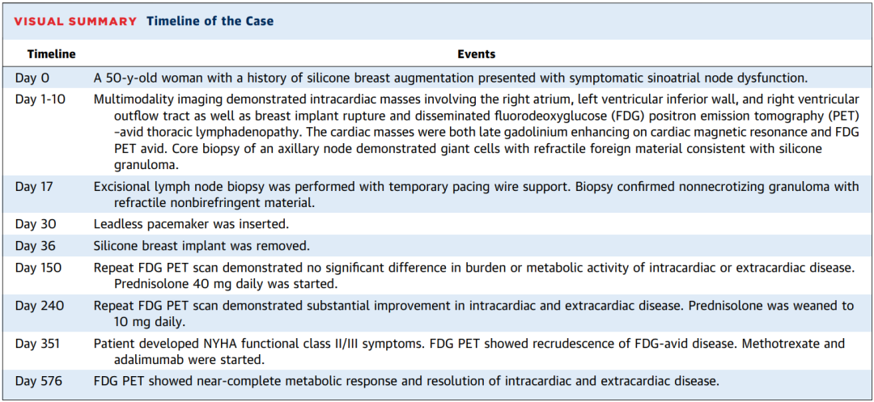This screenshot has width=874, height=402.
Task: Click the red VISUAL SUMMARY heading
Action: [74, 22]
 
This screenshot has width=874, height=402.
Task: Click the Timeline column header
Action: [51, 54]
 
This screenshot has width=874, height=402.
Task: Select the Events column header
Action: [477, 54]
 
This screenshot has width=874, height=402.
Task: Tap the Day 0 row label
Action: [33, 78]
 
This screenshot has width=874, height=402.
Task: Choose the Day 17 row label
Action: [35, 187]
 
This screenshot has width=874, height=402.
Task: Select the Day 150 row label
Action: [39, 267]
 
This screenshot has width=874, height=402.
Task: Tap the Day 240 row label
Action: [40, 305]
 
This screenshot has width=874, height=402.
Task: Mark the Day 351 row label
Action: [38, 344]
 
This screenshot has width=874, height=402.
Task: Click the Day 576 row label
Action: [39, 382]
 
